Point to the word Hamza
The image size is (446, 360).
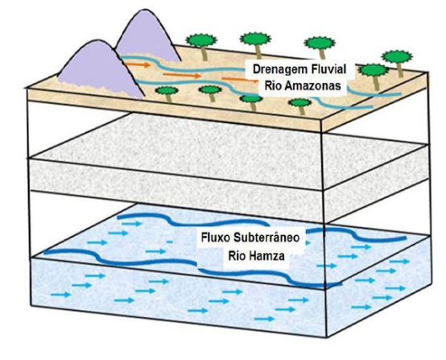[266, 256]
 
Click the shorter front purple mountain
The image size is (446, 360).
[101, 68]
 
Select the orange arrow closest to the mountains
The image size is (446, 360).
[138, 64]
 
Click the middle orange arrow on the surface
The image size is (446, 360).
[182, 76]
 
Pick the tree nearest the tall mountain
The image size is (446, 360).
[202, 46]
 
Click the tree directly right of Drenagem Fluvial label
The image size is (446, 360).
[374, 77]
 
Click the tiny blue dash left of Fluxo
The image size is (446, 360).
[170, 242]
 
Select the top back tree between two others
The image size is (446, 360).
[255, 45]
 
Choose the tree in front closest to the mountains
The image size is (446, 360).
[167, 93]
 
